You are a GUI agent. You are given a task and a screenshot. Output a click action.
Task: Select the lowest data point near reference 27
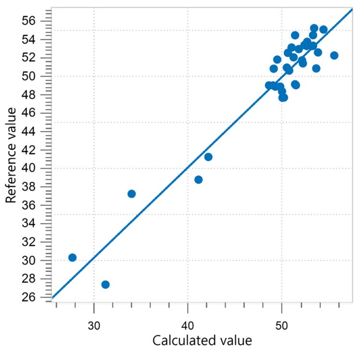point(106,285)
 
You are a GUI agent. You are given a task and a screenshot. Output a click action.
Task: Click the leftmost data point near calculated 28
point(72,258)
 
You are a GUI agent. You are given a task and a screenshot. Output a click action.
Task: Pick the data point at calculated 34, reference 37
point(132,194)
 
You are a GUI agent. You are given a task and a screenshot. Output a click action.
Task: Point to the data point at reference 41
point(208,157)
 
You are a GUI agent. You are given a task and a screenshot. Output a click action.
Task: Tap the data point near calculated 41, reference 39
point(199,180)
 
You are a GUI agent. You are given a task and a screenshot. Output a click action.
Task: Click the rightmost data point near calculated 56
point(334,56)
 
